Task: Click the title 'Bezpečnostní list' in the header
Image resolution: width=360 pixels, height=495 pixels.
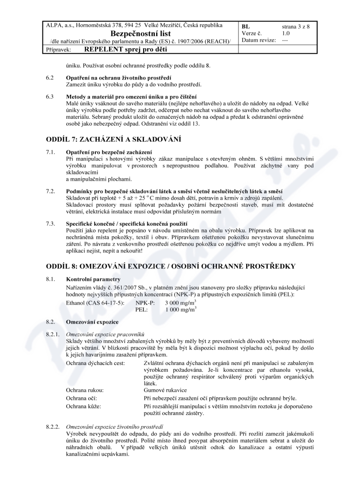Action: [x=140, y=34]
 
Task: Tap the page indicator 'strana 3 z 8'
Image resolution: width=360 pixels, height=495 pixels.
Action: [x=296, y=27]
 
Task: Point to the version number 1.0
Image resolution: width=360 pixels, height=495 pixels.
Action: [x=286, y=33]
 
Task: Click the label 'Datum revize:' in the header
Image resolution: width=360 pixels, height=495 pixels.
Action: [x=259, y=40]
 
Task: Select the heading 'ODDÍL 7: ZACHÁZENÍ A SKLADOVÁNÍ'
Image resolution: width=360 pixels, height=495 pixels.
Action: [x=113, y=139]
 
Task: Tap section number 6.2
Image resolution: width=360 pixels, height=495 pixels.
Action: [x=50, y=78]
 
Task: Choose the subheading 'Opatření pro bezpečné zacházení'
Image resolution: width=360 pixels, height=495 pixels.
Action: [x=109, y=152]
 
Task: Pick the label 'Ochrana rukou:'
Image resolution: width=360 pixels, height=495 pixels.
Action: [x=85, y=390]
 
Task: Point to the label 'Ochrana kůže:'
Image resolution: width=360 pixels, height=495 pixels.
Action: [x=83, y=406]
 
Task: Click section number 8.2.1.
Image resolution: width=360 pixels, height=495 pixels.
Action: [x=53, y=335]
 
